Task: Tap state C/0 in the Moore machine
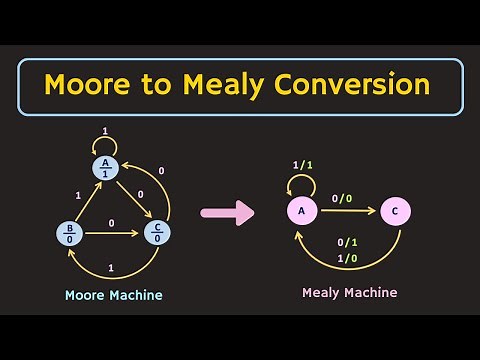coord(157,233)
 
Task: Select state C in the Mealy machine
coord(395,211)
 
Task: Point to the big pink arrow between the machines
coord(228,212)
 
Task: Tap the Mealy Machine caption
coord(349,292)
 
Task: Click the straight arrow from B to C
coord(112,234)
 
